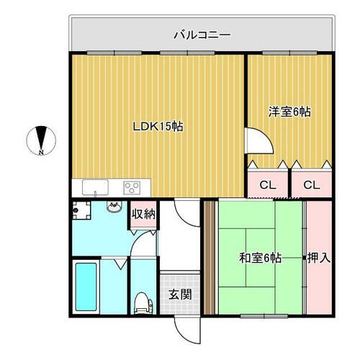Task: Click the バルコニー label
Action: point(201,33)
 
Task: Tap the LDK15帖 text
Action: point(158,127)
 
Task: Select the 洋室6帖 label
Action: point(289,112)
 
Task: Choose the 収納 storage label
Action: point(143,213)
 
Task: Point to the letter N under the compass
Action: point(42,153)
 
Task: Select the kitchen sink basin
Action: point(95,188)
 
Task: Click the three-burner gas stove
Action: point(132,187)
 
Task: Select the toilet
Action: point(143,303)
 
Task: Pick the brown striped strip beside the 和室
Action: point(210,257)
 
